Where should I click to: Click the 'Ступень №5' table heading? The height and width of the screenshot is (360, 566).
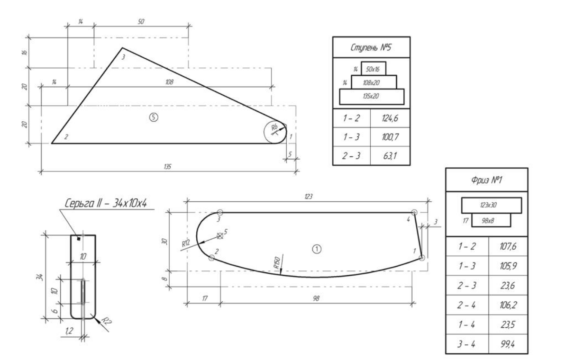pyautogui.click(x=371, y=47)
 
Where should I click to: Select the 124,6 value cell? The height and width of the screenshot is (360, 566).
pyautogui.click(x=390, y=118)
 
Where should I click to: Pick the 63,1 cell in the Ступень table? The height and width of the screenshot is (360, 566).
pyautogui.click(x=390, y=156)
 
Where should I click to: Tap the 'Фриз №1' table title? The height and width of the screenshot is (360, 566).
pyautogui.click(x=486, y=180)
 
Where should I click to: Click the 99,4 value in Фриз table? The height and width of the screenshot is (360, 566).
pyautogui.click(x=508, y=344)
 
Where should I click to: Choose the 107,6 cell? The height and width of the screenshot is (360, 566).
pyautogui.click(x=508, y=246)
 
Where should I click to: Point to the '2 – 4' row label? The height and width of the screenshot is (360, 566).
pyautogui.click(x=466, y=305)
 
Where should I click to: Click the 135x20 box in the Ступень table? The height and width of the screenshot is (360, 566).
pyautogui.click(x=372, y=96)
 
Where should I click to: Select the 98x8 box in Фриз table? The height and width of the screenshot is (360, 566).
pyautogui.click(x=491, y=220)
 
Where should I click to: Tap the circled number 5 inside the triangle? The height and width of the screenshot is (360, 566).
pyautogui.click(x=154, y=117)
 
